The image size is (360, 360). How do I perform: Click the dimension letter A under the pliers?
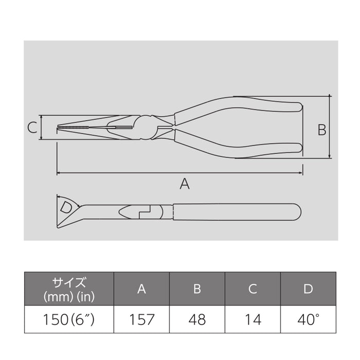pyautogui.click(x=184, y=183)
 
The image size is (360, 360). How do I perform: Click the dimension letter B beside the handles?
pyautogui.click(x=321, y=130)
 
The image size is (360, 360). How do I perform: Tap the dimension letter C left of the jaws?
pyautogui.click(x=32, y=127)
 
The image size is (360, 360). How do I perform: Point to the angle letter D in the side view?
pyautogui.click(x=66, y=207)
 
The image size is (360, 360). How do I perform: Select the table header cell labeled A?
pyautogui.click(x=141, y=289)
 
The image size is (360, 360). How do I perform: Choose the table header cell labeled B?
pyautogui.click(x=197, y=289)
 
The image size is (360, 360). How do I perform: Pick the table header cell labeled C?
pyautogui.click(x=253, y=289)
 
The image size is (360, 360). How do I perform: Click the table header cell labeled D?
pyautogui.click(x=308, y=289)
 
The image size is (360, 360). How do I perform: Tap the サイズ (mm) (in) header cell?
pyautogui.click(x=69, y=289)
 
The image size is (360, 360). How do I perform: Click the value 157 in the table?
pyautogui.click(x=141, y=320)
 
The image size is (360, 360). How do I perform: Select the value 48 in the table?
pyautogui.click(x=197, y=320)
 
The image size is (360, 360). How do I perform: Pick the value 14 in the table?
pyautogui.click(x=253, y=320)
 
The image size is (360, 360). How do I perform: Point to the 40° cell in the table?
pyautogui.click(x=308, y=320)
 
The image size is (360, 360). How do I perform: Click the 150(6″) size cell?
pyautogui.click(x=69, y=320)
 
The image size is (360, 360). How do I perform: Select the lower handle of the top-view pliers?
pyautogui.click(x=242, y=149)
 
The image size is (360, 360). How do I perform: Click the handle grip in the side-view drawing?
pyautogui.click(x=237, y=211)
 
